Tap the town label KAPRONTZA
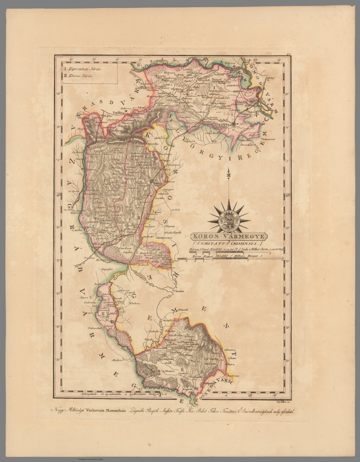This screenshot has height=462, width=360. point(221,124)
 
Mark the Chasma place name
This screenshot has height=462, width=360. point(178,291)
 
